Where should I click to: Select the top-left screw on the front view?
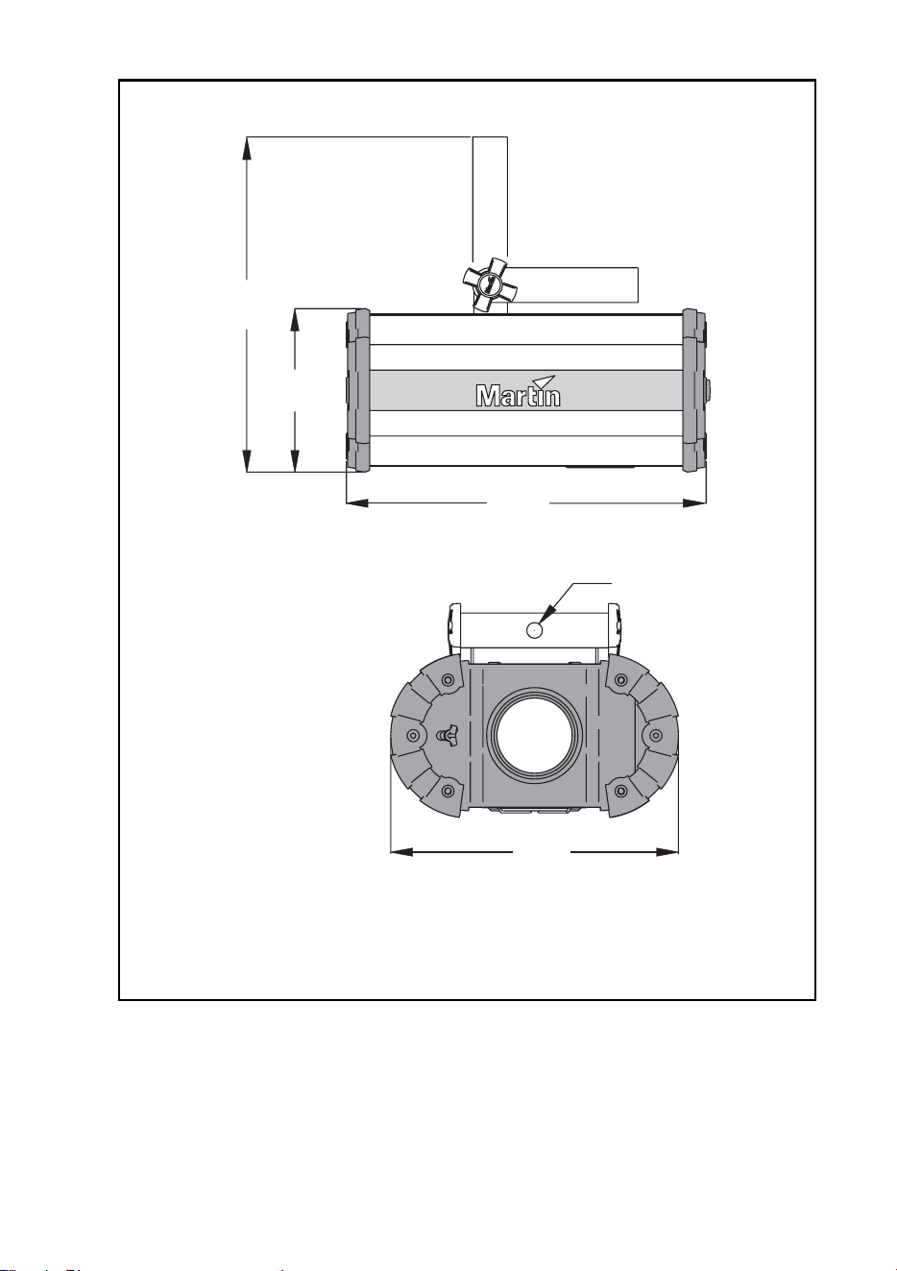point(448,680)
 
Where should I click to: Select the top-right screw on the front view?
point(620,680)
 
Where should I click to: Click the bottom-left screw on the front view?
point(448,791)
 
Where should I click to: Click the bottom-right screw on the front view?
point(620,791)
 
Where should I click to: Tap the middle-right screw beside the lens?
point(655,736)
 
